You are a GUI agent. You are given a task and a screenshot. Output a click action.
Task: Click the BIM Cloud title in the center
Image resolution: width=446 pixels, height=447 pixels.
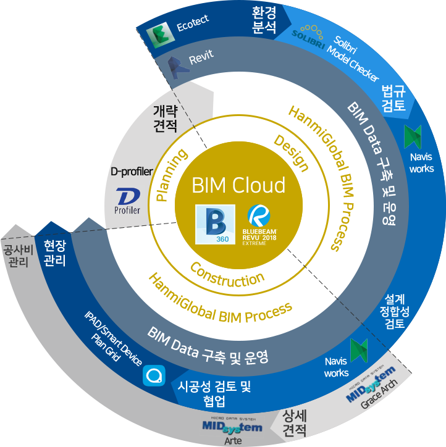tap(238, 185)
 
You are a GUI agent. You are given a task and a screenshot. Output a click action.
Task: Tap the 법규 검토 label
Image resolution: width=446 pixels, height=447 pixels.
tap(393, 98)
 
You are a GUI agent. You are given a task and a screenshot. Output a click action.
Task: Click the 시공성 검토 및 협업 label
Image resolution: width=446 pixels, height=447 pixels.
tap(214, 394)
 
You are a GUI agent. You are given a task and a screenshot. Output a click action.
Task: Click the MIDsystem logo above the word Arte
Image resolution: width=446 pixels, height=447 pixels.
tap(232, 426)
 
